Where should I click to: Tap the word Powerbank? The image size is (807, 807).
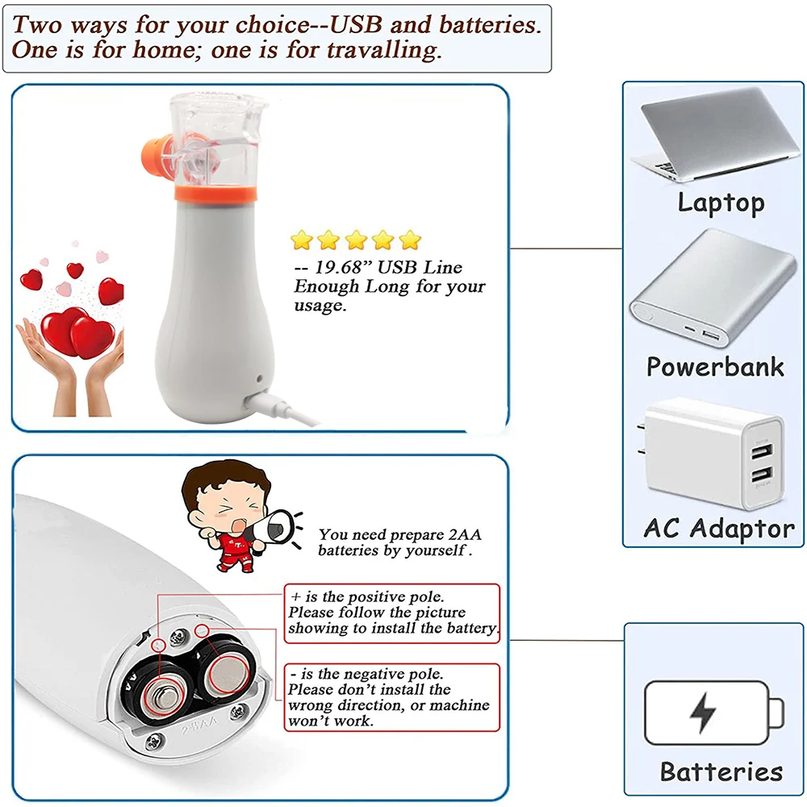pos(715,367)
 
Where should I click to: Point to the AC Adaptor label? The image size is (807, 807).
pos(719,529)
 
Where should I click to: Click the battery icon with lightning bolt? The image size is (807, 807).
pos(714,713)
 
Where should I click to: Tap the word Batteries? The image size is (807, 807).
pos(721,771)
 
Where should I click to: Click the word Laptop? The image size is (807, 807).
pos(721,202)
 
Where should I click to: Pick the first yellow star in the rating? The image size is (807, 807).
pos(302,240)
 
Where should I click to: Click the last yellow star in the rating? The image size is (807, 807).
pos(411,240)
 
